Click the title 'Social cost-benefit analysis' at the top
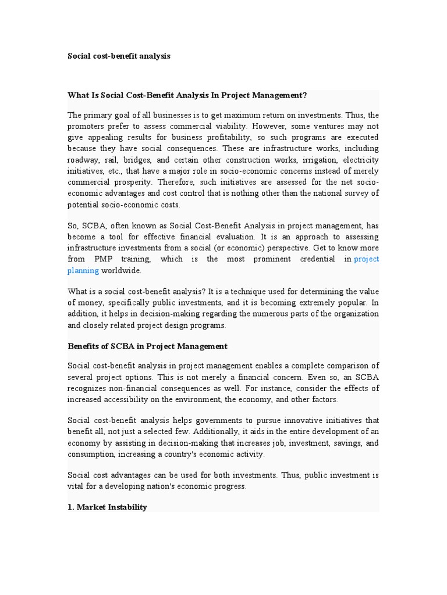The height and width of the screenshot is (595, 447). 119,56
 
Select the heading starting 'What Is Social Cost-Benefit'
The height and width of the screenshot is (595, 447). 187,95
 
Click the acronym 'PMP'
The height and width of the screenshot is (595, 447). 96,259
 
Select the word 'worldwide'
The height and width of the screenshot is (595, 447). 121,270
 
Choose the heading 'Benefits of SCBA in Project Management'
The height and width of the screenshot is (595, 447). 147,346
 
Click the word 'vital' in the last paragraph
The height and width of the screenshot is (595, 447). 76,486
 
